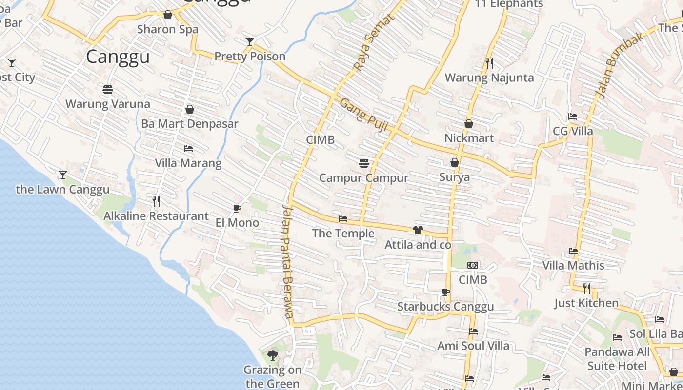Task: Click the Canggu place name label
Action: coord(118,57)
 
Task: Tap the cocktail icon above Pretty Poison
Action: coord(250,42)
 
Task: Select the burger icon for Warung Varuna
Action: coord(108,90)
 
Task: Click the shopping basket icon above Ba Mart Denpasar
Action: coord(190,109)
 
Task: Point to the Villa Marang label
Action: coord(188,163)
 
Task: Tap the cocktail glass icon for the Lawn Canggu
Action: coord(62,175)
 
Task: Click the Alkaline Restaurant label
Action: coord(156,215)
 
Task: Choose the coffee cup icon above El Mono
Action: coord(237,209)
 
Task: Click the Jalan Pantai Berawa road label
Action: coord(288,261)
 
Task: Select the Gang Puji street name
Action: coord(363,115)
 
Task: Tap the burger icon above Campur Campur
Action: coord(363,163)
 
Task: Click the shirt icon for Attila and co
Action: coord(418,230)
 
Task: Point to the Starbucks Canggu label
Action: coord(445,306)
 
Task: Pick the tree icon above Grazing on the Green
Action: coord(273,355)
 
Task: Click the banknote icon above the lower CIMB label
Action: coord(473,265)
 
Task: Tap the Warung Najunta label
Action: coord(489,78)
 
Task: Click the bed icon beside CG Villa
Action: coord(573,117)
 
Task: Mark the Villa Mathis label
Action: coord(573,266)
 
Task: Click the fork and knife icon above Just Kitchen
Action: coord(586,288)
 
